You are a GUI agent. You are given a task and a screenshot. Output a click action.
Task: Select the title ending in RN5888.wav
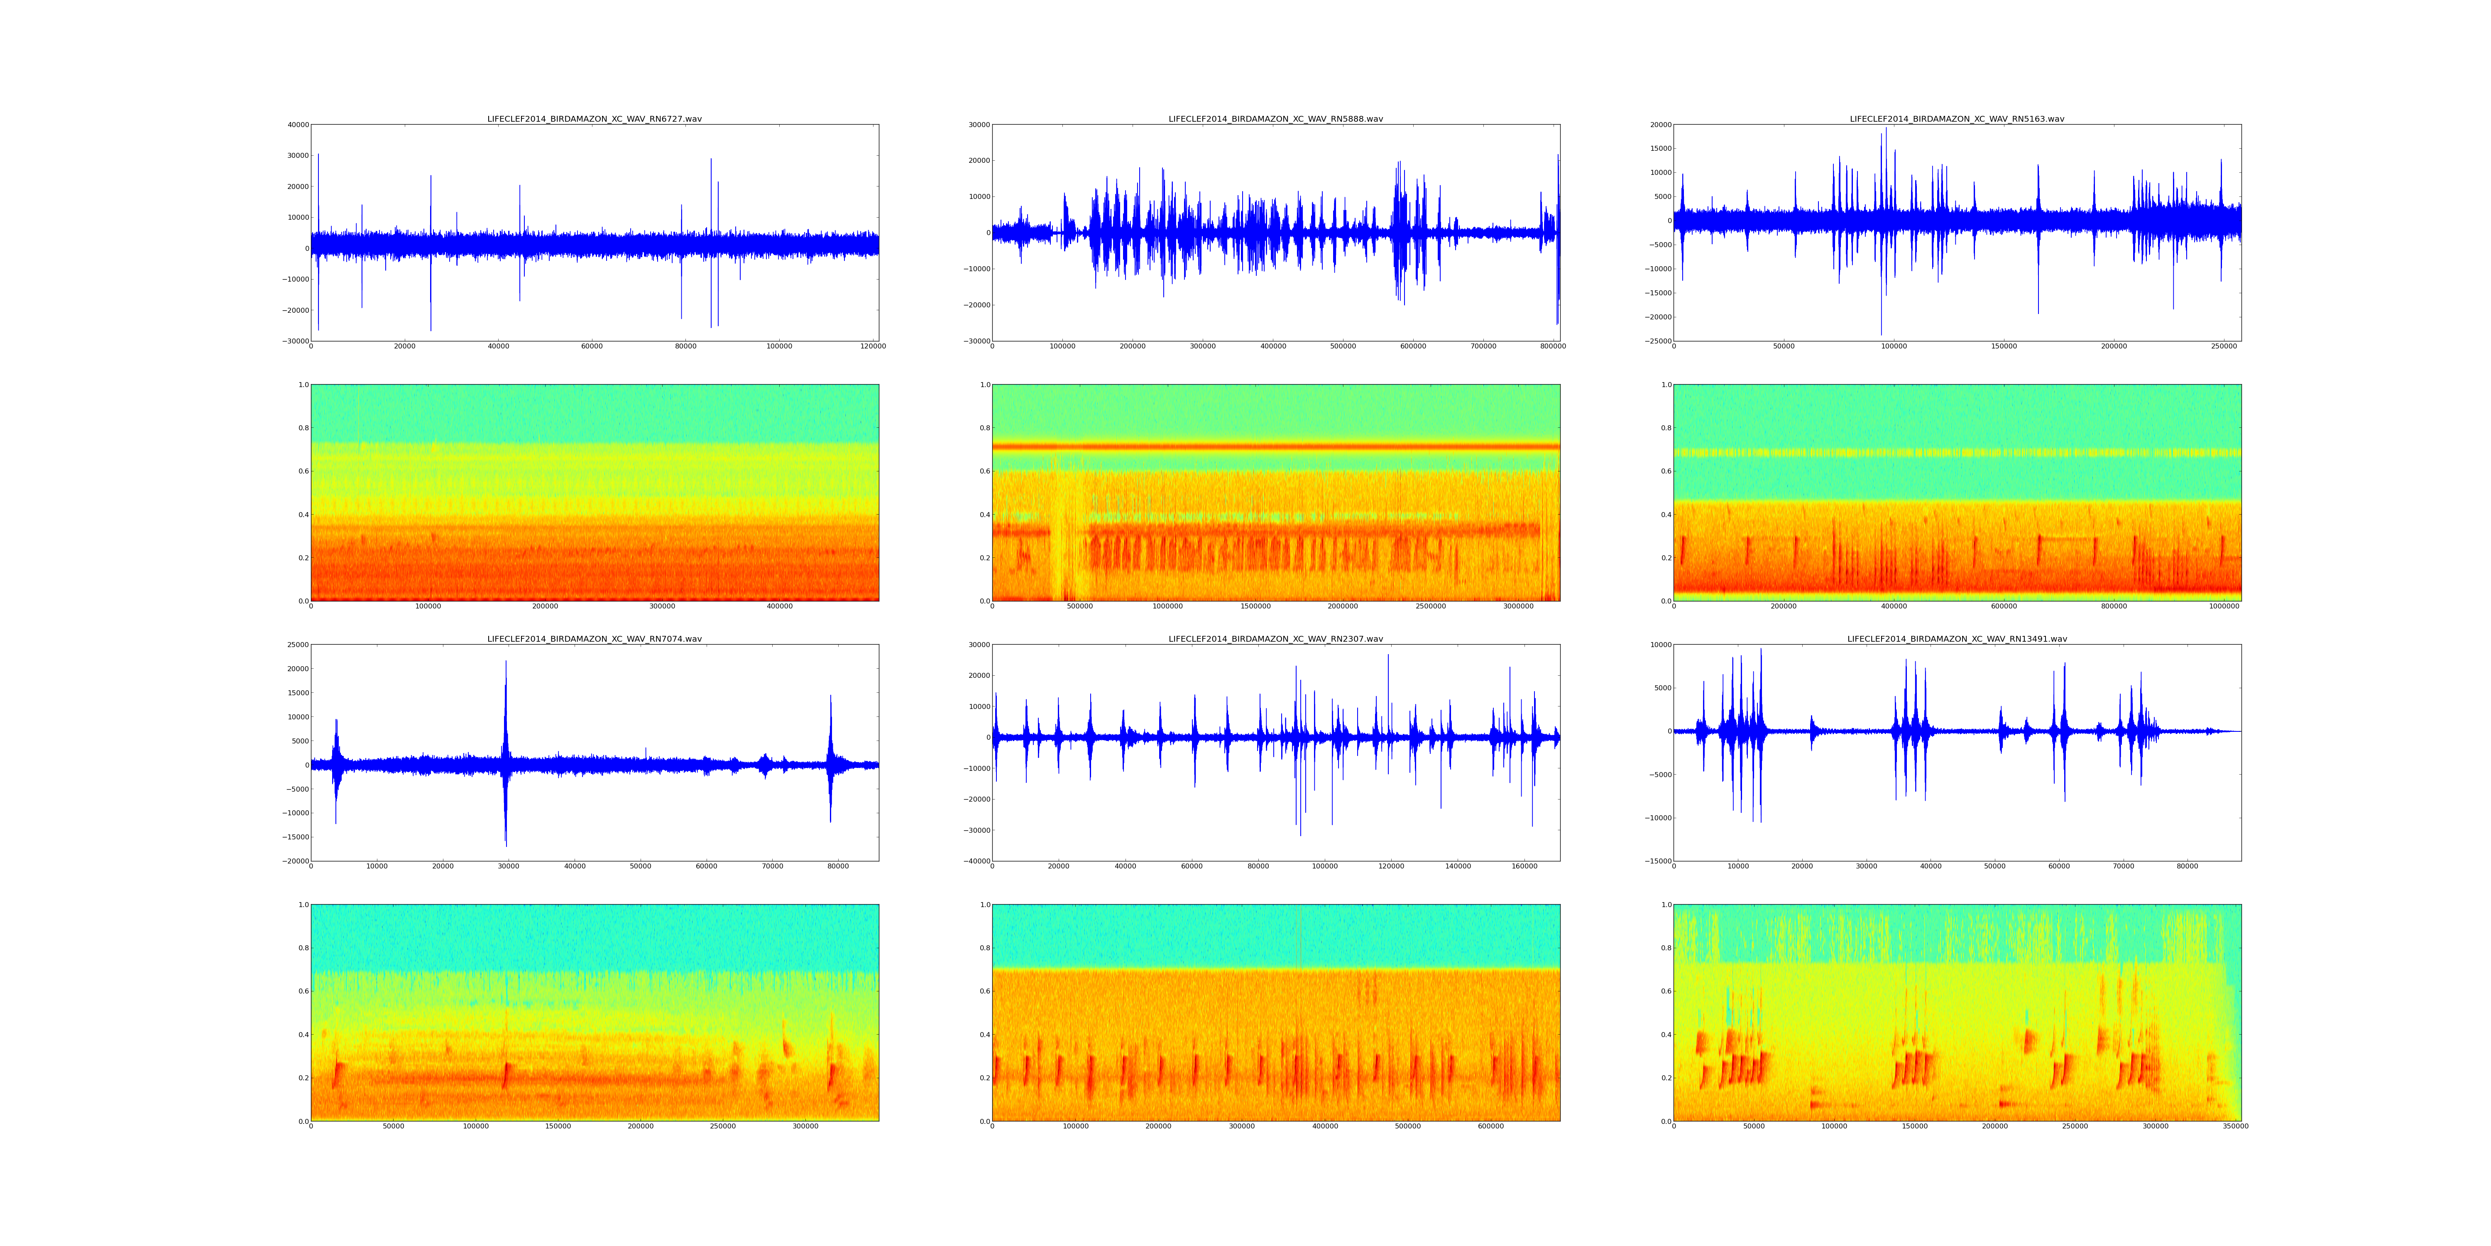pos(1275,119)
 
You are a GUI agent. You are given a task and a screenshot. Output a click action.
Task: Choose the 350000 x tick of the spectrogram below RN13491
pos(2235,1126)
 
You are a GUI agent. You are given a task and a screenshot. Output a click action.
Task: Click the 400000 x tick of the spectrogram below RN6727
pos(779,606)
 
